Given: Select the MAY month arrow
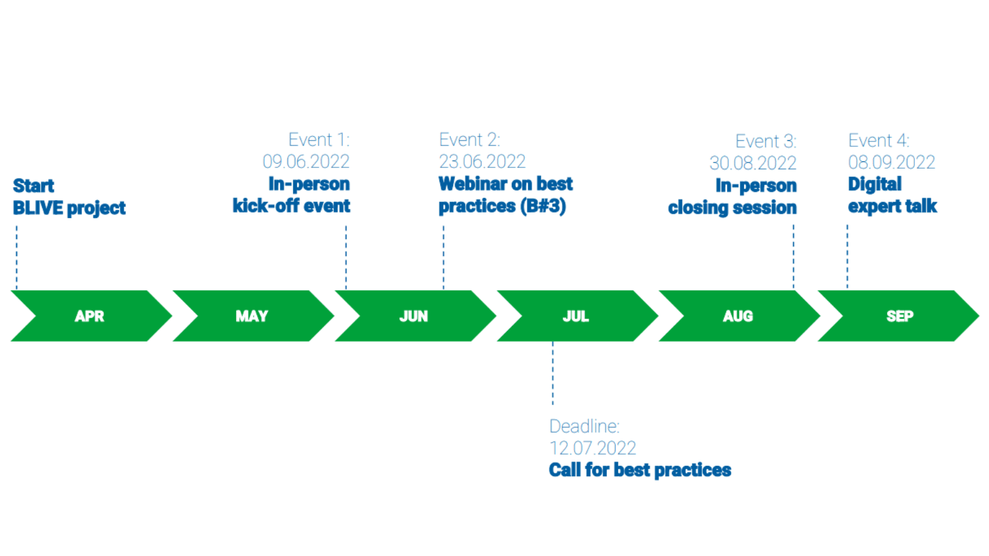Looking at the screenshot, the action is tap(253, 316).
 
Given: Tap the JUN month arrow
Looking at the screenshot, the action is tap(415, 316).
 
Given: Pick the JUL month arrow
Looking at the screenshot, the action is tap(577, 316).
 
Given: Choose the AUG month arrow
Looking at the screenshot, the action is tap(739, 316).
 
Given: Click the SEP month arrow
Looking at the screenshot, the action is tap(899, 316).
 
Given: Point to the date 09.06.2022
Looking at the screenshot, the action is tap(306, 161).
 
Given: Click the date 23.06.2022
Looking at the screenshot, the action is tap(482, 161).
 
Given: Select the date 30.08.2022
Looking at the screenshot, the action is tap(753, 163).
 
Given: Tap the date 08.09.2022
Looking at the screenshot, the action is tap(891, 162).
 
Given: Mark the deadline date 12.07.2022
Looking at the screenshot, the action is tap(593, 449).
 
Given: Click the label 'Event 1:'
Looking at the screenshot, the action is tap(319, 140).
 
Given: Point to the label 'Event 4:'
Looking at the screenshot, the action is tap(878, 141).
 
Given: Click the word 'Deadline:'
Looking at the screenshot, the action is tap(585, 427).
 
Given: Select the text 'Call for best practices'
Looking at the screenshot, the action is tap(640, 470).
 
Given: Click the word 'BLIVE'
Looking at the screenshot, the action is tap(38, 208).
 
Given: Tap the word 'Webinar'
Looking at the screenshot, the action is tap(473, 184).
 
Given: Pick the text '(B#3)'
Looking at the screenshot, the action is tap(543, 206).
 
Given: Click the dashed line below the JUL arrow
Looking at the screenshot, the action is tap(553, 373).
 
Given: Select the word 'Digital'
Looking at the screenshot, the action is tap(875, 185).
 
